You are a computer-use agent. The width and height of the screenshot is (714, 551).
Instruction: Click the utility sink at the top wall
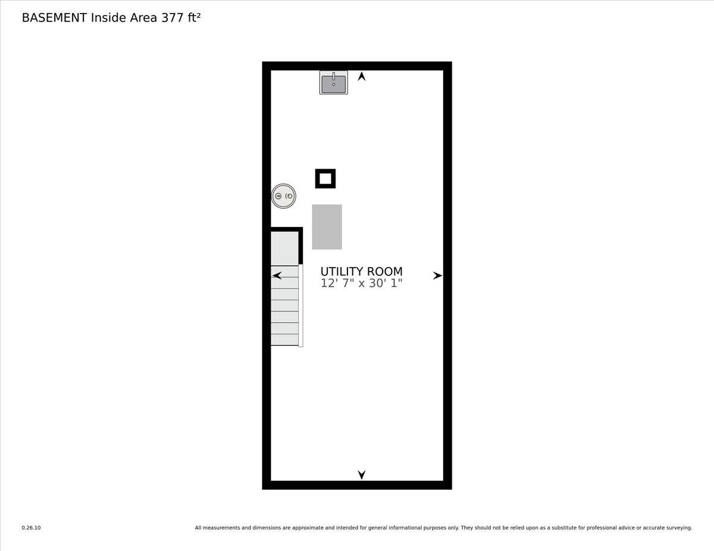[x=334, y=83]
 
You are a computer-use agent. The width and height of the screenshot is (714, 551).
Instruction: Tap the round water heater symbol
[x=284, y=196]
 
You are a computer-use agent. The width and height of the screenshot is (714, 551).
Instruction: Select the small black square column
[x=325, y=178]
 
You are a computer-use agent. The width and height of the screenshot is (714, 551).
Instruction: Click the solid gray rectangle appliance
[x=327, y=227]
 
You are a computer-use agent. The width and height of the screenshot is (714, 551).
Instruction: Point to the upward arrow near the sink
[x=361, y=77]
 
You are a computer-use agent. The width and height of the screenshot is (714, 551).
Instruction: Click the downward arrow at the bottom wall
[x=361, y=474]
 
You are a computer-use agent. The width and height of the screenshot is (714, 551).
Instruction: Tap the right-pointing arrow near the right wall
[x=437, y=276]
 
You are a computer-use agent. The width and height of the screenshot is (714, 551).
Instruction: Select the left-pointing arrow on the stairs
[x=277, y=276]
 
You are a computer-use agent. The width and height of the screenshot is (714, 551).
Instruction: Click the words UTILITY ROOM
[x=361, y=272]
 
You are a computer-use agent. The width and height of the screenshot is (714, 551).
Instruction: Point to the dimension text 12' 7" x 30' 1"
[x=361, y=283]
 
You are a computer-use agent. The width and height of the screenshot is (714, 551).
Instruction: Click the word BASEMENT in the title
[x=54, y=18]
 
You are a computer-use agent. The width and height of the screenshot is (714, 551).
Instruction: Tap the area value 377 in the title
[x=172, y=18]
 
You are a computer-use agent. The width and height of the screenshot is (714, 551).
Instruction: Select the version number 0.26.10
[x=31, y=528]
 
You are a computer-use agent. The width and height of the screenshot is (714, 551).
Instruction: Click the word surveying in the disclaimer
[x=680, y=528]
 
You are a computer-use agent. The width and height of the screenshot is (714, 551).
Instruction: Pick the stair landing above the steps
[x=284, y=248]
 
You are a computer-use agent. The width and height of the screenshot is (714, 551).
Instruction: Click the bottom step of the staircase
[x=284, y=340]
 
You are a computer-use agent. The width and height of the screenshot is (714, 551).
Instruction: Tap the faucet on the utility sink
[x=334, y=77]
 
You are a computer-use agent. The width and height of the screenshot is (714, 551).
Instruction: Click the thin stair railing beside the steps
[x=300, y=306]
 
